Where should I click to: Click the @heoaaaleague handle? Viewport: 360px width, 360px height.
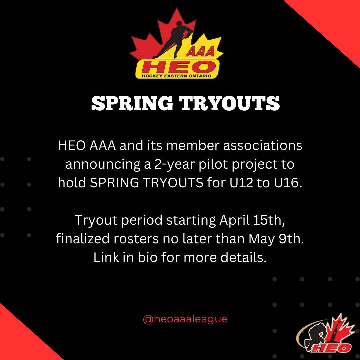[185, 319]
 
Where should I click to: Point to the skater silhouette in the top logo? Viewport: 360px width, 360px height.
[172, 39]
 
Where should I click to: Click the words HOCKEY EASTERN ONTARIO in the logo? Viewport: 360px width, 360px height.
[176, 76]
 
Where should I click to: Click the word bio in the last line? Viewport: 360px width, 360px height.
[147, 257]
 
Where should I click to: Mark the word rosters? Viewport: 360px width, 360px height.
[136, 239]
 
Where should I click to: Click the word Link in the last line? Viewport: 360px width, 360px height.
[106, 257]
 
